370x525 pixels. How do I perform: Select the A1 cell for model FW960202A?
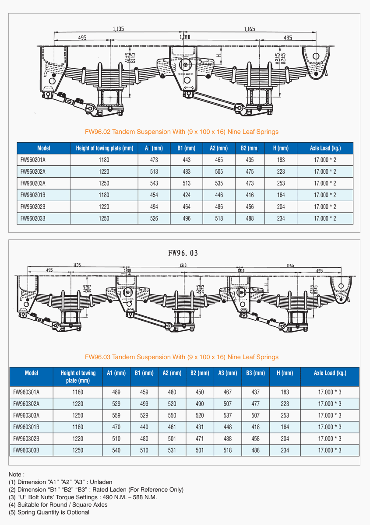click(x=154, y=171)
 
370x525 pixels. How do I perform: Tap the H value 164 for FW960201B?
click(x=281, y=195)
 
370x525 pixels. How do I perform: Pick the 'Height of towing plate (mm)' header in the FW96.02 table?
click(x=104, y=148)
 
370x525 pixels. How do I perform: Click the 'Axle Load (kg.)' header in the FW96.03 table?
click(x=329, y=373)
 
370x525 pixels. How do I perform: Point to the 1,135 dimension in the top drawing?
click(x=118, y=29)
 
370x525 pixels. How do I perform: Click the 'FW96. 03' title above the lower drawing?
click(x=183, y=252)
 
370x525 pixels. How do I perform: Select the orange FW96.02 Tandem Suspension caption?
click(x=181, y=131)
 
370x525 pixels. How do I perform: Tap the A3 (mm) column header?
click(x=227, y=373)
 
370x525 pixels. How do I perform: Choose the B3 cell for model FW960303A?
click(x=255, y=416)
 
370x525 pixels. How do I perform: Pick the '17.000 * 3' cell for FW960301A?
click(x=329, y=392)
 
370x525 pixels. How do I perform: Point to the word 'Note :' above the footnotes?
click(x=17, y=474)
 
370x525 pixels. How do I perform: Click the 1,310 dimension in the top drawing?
click(x=185, y=38)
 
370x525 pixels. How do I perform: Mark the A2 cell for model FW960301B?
click(x=172, y=427)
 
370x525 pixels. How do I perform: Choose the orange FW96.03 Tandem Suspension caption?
click(x=181, y=357)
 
